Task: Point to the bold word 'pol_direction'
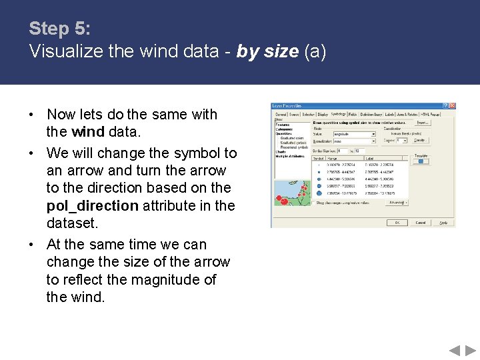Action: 93,205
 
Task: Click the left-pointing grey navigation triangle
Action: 453,350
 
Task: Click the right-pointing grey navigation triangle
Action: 470,350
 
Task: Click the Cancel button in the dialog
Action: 420,223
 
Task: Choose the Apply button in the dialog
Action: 443,223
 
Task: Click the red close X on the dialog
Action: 452,105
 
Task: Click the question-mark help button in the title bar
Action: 446,105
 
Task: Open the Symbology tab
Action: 339,114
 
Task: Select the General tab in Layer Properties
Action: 281,114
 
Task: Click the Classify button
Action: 421,141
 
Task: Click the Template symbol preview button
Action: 421,161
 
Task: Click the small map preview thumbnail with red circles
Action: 291,193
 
